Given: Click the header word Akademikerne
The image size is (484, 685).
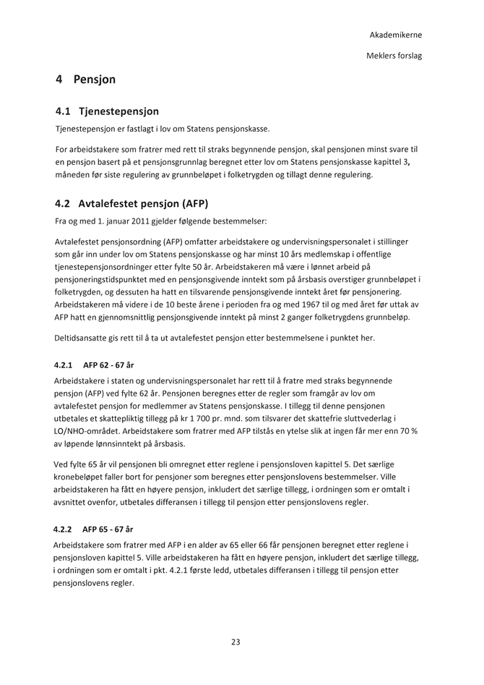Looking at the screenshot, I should click(396, 35).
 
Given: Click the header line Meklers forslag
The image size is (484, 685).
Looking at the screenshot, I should click(394, 55).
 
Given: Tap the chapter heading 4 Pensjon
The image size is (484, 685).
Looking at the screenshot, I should click(85, 80).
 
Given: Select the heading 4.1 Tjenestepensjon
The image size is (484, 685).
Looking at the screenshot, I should click(107, 112).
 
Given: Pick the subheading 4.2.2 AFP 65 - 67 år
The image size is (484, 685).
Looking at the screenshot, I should click(96, 529).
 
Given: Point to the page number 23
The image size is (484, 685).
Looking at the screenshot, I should click(235, 642).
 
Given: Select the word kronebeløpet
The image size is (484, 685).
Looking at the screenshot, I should click(82, 477).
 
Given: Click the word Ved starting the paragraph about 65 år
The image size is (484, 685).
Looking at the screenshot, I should click(62, 464).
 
